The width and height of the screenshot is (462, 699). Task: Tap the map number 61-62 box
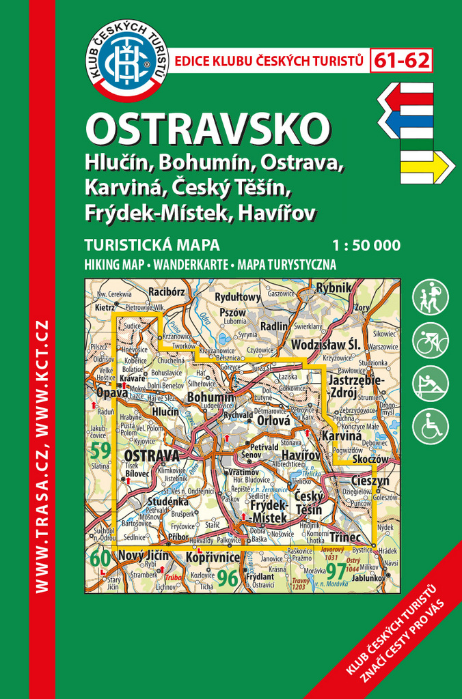click(402, 61)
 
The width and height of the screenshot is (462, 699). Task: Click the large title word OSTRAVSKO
click(208, 128)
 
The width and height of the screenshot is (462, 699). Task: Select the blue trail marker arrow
click(407, 123)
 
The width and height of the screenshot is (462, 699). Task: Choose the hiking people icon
click(431, 298)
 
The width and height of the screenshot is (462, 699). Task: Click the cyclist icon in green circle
click(431, 340)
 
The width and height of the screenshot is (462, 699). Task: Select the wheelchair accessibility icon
click(431, 427)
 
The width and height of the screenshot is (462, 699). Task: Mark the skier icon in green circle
click(431, 384)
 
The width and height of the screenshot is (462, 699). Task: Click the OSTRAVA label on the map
click(150, 455)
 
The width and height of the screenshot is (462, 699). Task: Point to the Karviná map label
click(341, 436)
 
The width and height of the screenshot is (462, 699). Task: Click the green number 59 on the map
click(100, 451)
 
